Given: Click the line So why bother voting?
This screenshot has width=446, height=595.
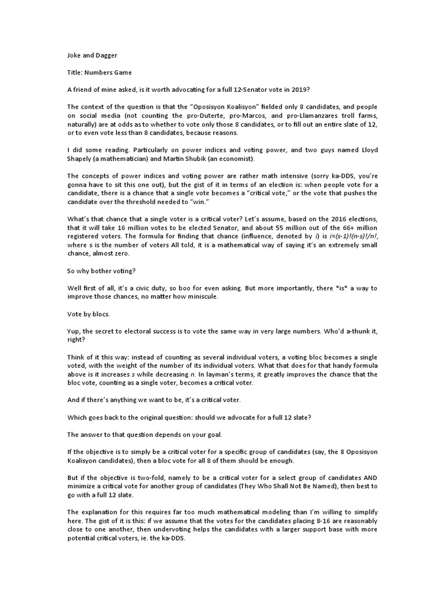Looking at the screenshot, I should (x=101, y=270).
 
